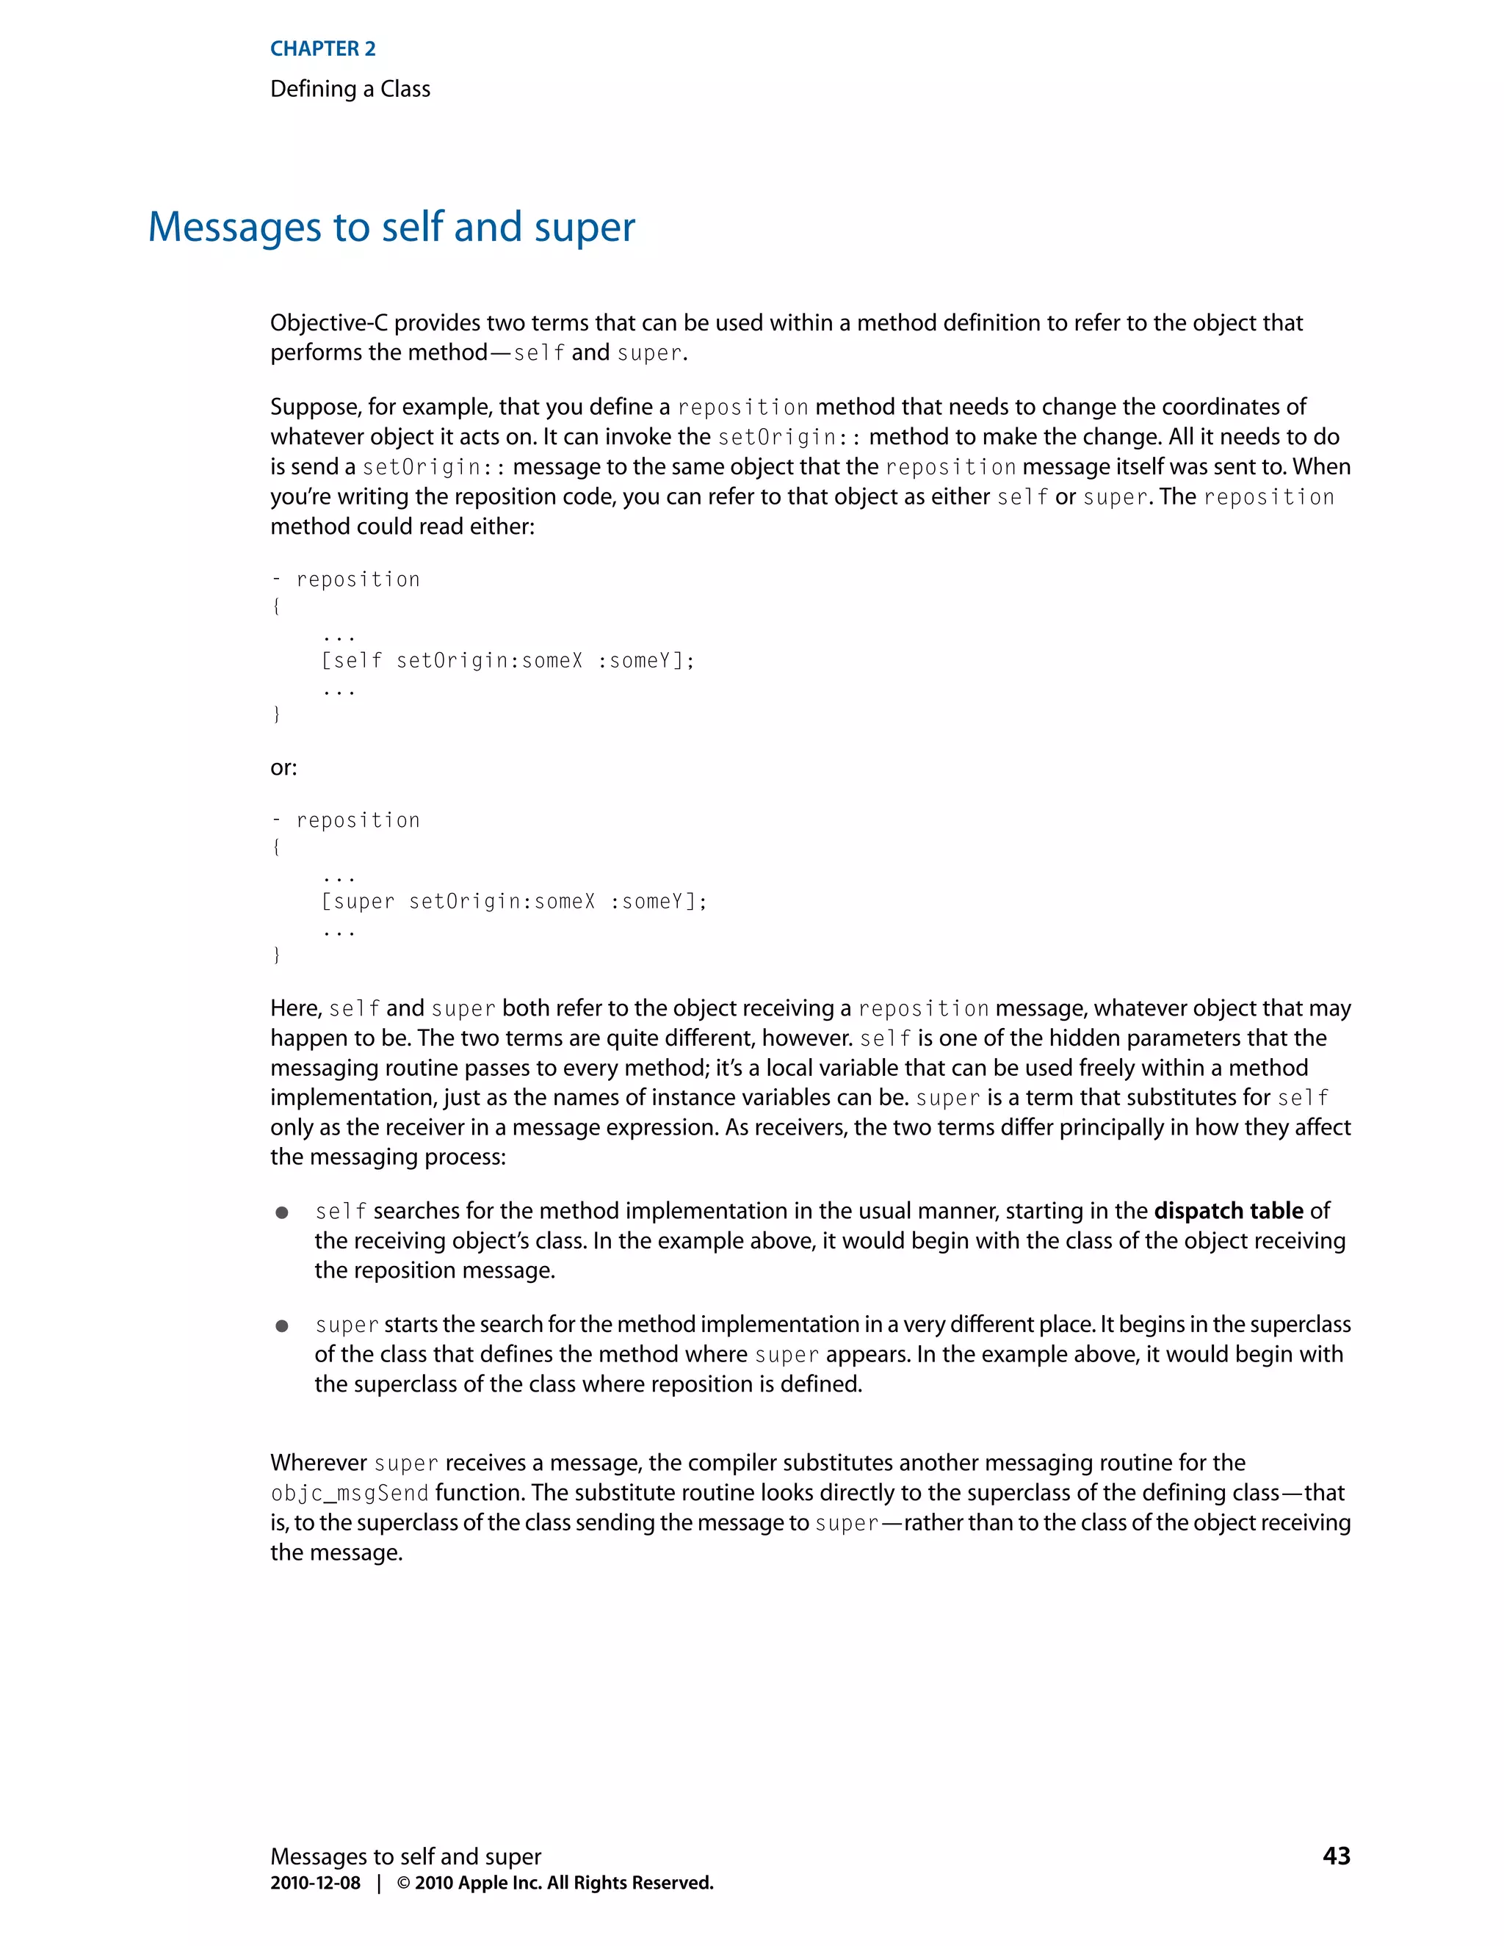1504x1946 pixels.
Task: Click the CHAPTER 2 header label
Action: pos(322,49)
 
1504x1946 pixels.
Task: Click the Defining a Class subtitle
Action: pos(350,89)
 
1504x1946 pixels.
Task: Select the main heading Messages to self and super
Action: pos(391,227)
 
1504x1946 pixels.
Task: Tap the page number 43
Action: pos(1336,1855)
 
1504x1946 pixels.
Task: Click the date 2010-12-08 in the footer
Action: pos(315,1883)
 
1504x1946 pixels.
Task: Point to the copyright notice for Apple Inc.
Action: pos(555,1883)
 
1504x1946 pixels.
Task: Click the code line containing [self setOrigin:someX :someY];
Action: pos(507,660)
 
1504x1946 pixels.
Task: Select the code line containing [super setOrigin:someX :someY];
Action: pos(513,901)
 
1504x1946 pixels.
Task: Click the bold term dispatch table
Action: pos(1228,1210)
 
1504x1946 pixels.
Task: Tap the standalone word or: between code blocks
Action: pos(283,767)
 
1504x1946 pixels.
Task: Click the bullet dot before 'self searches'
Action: pos(281,1212)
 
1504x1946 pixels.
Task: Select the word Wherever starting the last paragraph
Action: pos(318,1462)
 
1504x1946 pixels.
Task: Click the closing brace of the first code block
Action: pos(276,714)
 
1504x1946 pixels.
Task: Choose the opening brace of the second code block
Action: pos(276,847)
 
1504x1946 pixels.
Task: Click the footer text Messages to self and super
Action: pos(405,1856)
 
